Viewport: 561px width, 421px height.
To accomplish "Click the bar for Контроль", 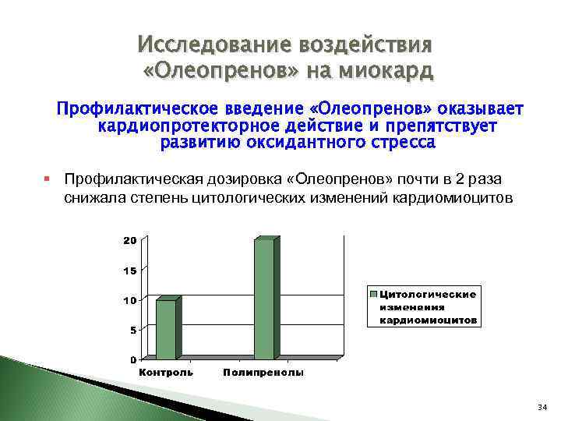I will click(x=167, y=328).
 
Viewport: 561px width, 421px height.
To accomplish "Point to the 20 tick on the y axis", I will click(x=129, y=240).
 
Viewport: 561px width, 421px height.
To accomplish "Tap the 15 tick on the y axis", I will click(x=129, y=271).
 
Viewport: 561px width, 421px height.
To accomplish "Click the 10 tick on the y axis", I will click(x=129, y=300).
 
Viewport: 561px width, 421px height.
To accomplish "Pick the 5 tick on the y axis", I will click(x=132, y=330).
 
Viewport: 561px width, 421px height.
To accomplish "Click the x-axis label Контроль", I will click(x=166, y=373).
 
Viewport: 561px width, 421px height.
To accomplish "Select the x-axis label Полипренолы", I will click(x=263, y=373).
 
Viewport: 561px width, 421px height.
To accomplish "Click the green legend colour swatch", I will click(x=374, y=294).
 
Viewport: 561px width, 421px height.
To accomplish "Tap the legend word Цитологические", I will click(x=428, y=294).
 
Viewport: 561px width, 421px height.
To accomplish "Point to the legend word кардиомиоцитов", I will click(x=429, y=320).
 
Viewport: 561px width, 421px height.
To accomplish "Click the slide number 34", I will click(x=542, y=408).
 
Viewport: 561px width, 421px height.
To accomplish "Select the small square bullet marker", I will click(x=48, y=179).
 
